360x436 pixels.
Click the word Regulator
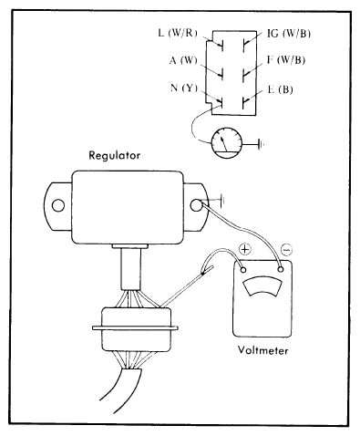click(x=115, y=156)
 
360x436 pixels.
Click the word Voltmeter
click(x=262, y=350)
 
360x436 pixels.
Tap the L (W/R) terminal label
click(x=178, y=33)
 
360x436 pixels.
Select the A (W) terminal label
click(x=183, y=60)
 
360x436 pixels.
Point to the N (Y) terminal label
click(x=184, y=88)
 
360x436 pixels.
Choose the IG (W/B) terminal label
click(x=289, y=34)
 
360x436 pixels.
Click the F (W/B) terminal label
click(x=286, y=60)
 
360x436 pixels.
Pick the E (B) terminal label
click(x=280, y=89)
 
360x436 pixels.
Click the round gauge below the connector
click(x=227, y=142)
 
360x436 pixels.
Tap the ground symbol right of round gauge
click(x=261, y=144)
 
